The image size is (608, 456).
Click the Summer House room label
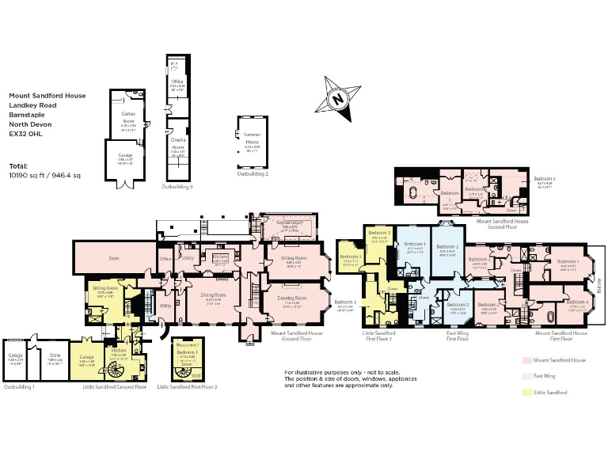(252, 144)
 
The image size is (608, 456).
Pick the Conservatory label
(290, 224)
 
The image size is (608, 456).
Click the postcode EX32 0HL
(25, 134)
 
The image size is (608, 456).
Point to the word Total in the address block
(17, 166)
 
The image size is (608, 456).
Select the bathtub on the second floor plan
(415, 193)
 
